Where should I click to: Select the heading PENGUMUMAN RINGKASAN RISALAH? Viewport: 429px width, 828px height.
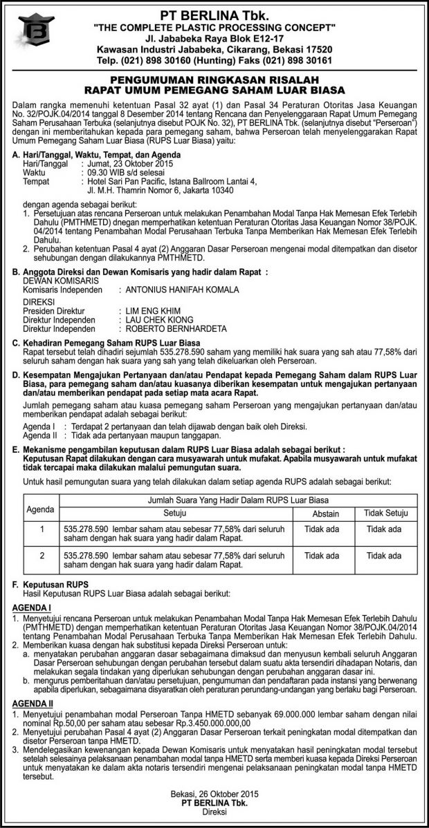click(214, 79)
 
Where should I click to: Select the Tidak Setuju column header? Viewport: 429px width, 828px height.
click(384, 514)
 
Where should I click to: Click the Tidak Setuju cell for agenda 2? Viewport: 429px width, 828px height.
click(384, 555)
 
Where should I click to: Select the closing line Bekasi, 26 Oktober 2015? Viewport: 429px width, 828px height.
click(214, 795)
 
